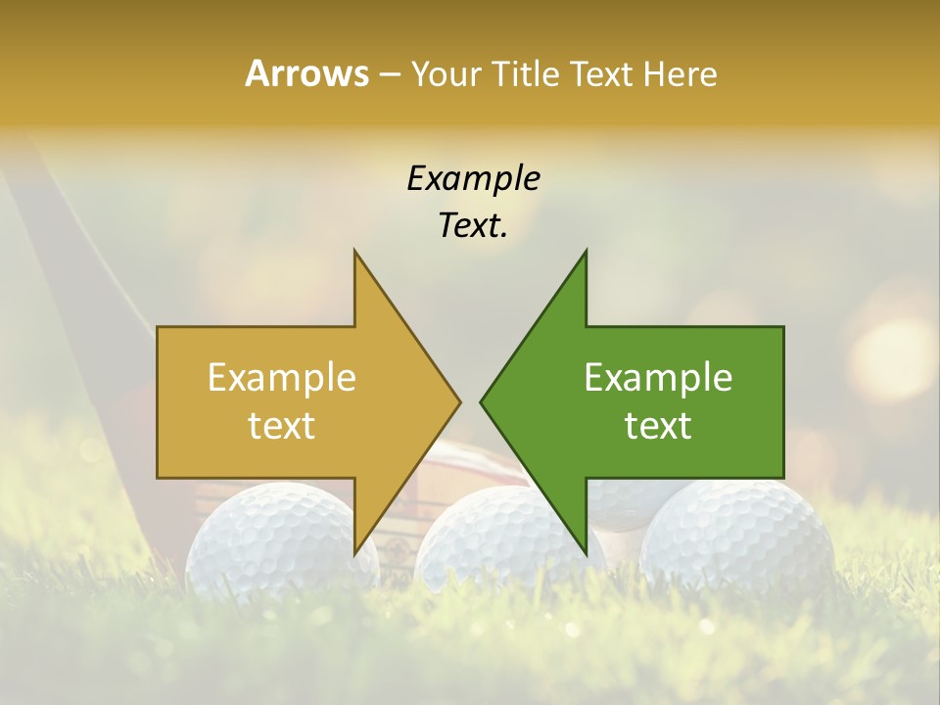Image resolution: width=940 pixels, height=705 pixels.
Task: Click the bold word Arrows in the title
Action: point(307,73)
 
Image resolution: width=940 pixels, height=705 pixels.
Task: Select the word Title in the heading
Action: point(528,73)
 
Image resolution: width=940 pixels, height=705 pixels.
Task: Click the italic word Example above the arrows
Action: point(473,178)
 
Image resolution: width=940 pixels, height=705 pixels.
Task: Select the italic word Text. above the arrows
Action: point(473,225)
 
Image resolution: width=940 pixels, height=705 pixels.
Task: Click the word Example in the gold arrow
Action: point(282,378)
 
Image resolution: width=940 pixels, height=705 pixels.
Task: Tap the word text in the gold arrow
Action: point(282,425)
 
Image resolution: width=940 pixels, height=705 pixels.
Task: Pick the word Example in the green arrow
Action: point(658,378)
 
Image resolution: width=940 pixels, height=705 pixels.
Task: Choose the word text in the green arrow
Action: point(658,425)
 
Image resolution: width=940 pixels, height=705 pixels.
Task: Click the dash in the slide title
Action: point(389,75)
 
